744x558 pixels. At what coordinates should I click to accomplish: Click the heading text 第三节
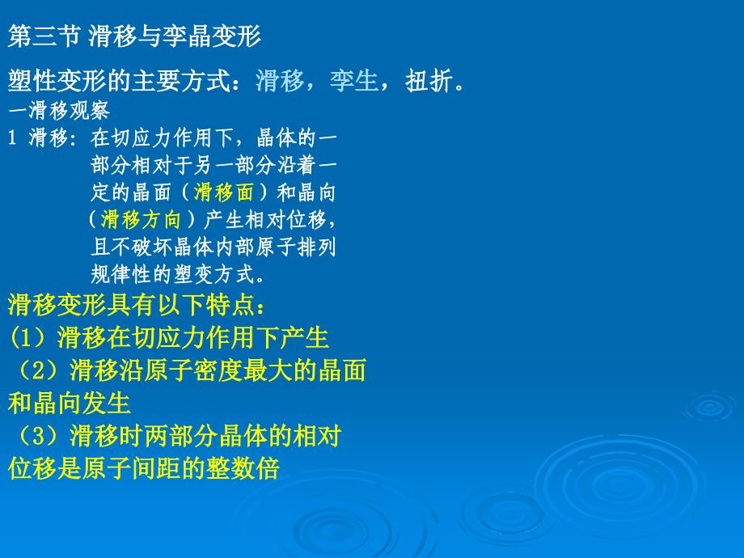click(x=43, y=36)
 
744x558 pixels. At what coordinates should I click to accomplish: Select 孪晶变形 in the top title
click(x=212, y=36)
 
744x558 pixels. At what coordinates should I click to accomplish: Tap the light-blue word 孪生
click(x=354, y=80)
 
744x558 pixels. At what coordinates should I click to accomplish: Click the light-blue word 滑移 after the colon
click(x=280, y=80)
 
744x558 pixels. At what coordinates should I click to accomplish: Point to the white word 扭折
click(x=429, y=80)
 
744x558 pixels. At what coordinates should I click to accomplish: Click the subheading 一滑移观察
click(x=59, y=111)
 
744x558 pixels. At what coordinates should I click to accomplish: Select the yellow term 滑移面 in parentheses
click(x=223, y=192)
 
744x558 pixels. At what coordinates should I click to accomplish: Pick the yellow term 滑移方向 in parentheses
click(x=141, y=219)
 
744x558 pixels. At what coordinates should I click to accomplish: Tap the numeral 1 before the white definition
click(x=12, y=138)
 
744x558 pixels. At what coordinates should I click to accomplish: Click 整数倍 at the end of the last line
click(x=243, y=468)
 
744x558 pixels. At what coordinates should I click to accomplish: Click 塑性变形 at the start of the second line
click(x=57, y=80)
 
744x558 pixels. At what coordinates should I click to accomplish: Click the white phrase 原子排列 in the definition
click(x=296, y=247)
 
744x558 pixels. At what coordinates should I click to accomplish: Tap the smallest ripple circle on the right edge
click(x=709, y=407)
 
